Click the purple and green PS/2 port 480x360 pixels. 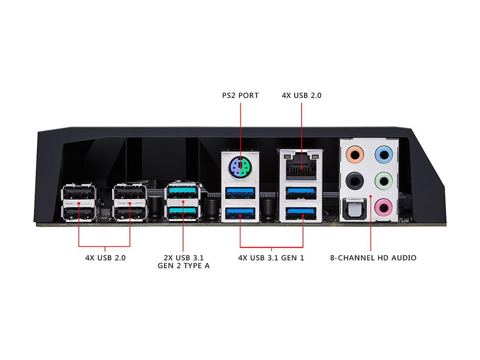240,168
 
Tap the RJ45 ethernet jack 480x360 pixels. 301,167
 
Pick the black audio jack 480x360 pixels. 354,181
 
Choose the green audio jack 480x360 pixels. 384,181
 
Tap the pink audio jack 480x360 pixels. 383,207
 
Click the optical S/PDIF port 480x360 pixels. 355,209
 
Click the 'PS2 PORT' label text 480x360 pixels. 240,96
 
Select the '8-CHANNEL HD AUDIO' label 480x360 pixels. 373,258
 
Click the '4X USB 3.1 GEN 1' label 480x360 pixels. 271,258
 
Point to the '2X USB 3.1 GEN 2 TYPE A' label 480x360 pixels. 183,262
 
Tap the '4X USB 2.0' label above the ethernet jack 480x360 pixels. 301,96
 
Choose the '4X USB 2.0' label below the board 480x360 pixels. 105,258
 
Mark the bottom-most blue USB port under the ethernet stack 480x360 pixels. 301,213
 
